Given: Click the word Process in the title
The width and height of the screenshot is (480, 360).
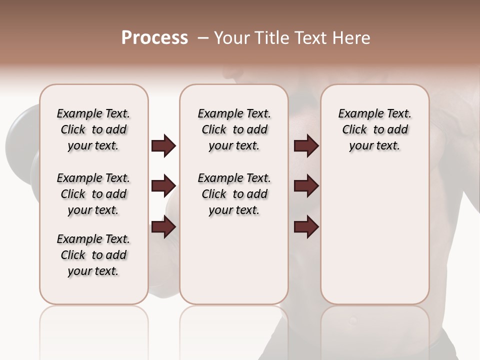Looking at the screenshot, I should (x=154, y=38).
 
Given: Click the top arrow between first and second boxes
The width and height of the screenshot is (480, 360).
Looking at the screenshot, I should (x=163, y=146).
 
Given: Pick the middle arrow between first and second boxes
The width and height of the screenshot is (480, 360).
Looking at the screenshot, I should (x=163, y=186).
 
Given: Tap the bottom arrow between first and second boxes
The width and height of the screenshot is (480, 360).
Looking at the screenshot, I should (x=163, y=227).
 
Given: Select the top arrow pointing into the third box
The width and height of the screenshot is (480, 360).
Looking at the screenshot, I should (x=306, y=146).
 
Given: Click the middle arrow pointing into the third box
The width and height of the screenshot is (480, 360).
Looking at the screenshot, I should (x=306, y=186).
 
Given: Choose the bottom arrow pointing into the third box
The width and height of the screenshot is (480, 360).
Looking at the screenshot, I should (x=306, y=227).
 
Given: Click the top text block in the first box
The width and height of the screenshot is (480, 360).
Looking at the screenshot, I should (x=93, y=129).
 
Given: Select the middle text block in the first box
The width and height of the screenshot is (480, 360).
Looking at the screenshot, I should (x=93, y=194).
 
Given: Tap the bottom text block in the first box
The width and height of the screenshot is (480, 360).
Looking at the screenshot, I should (x=93, y=255).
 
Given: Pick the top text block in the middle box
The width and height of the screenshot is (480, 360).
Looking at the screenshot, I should (x=234, y=129).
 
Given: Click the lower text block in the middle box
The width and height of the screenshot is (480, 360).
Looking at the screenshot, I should (x=234, y=194).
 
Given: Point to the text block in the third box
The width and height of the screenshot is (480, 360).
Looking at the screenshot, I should (x=375, y=129).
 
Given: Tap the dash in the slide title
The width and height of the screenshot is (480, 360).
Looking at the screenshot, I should (x=203, y=38).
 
